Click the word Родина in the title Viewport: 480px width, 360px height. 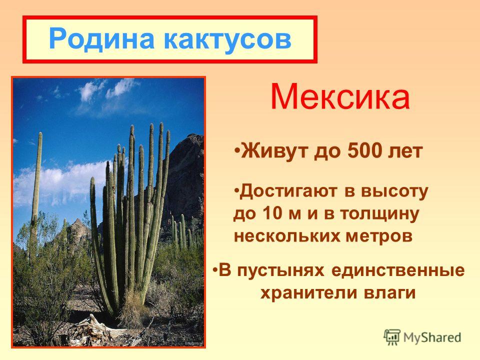pos(101,39)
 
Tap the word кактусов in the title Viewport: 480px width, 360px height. pos(227,39)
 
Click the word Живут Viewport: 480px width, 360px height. pos(275,151)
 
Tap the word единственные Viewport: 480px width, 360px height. pos(398,271)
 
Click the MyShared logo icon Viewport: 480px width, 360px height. pos(392,337)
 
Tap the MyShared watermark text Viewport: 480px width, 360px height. pos(432,337)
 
